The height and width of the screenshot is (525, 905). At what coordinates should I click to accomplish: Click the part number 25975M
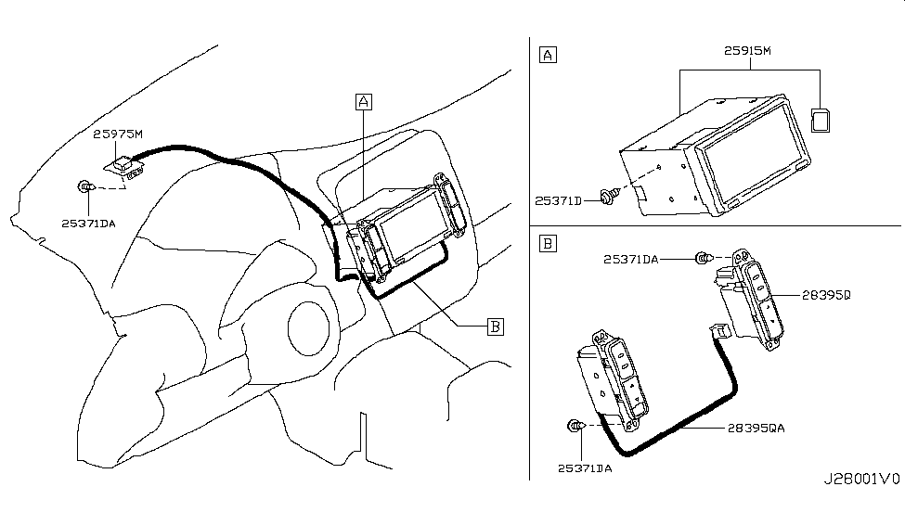118,134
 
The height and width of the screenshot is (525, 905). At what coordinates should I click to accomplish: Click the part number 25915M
747,51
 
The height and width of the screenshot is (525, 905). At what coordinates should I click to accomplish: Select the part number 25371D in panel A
558,200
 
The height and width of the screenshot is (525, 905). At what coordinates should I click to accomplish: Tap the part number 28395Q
826,295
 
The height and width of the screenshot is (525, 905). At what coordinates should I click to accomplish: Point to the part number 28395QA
756,429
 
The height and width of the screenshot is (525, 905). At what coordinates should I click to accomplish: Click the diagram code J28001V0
861,480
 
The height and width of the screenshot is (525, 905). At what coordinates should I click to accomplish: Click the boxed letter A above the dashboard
364,102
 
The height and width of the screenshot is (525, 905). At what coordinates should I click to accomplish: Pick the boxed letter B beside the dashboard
496,327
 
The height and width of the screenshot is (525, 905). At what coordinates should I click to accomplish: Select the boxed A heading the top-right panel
548,55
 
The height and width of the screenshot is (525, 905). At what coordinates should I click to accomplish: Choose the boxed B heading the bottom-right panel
548,243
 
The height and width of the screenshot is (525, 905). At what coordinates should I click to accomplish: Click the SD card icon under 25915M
821,121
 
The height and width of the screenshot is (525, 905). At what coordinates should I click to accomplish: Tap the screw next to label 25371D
608,197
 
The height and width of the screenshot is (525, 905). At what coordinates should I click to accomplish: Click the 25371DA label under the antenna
88,224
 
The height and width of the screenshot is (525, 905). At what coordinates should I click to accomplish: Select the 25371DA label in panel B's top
631,260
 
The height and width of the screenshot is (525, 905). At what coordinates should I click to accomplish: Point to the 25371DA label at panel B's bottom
585,468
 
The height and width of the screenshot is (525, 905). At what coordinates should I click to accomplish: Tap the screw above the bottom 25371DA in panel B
576,426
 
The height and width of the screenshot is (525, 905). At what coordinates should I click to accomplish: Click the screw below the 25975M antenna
86,186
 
